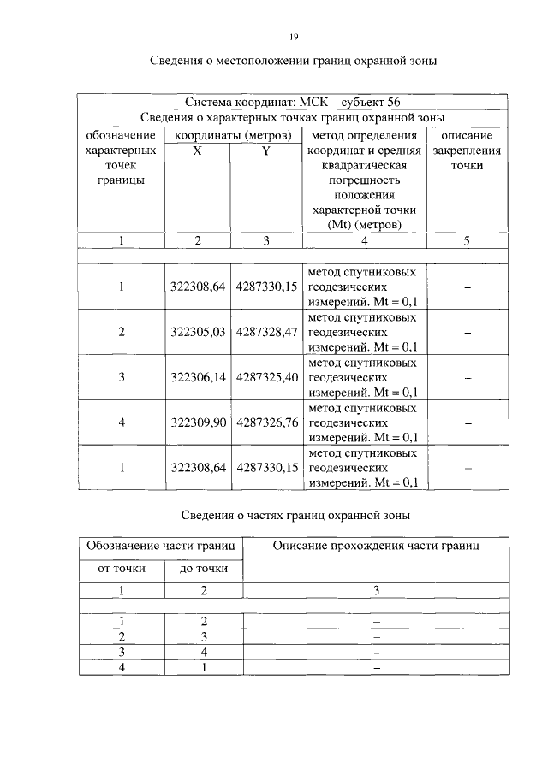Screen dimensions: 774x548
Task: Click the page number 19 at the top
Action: click(x=293, y=37)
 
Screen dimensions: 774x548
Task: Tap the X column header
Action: click(x=198, y=150)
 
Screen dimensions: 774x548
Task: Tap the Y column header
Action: click(x=266, y=150)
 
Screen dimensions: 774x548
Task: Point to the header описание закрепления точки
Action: click(x=467, y=150)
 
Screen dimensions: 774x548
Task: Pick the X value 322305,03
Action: click(x=198, y=332)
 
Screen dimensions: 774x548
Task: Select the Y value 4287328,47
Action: click(x=266, y=332)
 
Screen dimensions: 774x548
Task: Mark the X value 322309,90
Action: click(x=198, y=422)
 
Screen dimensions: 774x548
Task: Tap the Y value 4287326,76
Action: click(x=266, y=422)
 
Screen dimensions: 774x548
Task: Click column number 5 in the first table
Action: click(x=467, y=241)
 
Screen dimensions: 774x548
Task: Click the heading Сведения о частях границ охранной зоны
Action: click(x=295, y=515)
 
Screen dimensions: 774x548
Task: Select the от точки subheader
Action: click(x=121, y=568)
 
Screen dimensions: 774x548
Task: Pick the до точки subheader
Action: click(x=203, y=568)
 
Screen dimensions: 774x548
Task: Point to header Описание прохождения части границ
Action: click(x=376, y=545)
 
